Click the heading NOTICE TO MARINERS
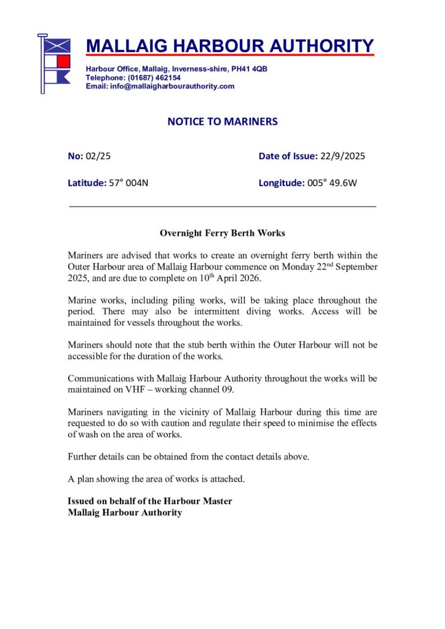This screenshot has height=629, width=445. pos(222,122)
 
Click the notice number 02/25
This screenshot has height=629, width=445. pos(98,156)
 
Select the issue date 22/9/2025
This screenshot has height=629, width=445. pos(342,156)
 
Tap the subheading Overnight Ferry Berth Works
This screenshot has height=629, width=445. pos(222,233)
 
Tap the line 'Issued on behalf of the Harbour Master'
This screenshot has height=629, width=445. pos(150,501)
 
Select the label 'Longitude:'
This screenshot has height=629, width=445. pos(282,182)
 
